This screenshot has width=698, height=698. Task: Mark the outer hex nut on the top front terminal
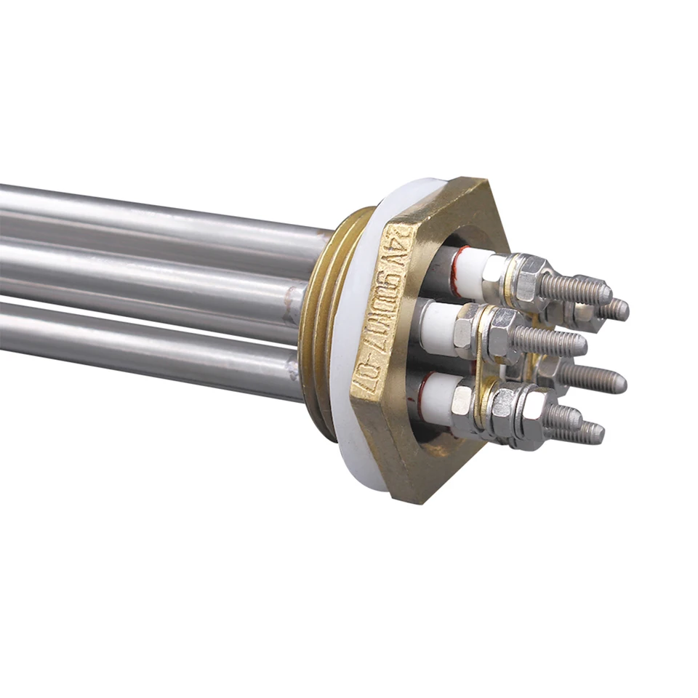[x=529, y=280]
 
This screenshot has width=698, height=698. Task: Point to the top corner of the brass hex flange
[x=465, y=179]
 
